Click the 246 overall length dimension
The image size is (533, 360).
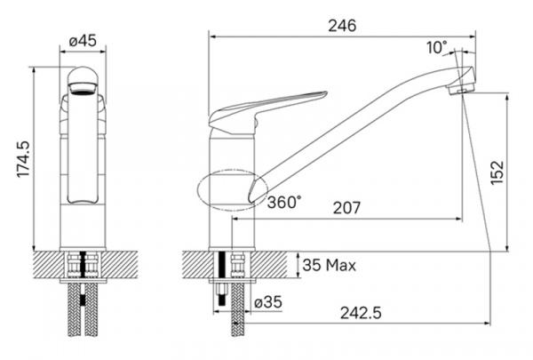pyautogui.click(x=342, y=26)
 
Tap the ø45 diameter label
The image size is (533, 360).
pyautogui.click(x=83, y=42)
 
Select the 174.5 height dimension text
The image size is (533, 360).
pyautogui.click(x=24, y=159)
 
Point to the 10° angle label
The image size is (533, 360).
pyautogui.click(x=437, y=48)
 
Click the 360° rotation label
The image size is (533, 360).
pyautogui.click(x=284, y=203)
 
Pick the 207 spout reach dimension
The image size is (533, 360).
pyautogui.click(x=346, y=208)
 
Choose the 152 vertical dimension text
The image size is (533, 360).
pyautogui.click(x=497, y=172)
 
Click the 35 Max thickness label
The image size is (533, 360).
pyautogui.click(x=330, y=265)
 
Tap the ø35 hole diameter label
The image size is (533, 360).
pyautogui.click(x=268, y=302)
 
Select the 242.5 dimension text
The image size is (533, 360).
pyautogui.click(x=361, y=313)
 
